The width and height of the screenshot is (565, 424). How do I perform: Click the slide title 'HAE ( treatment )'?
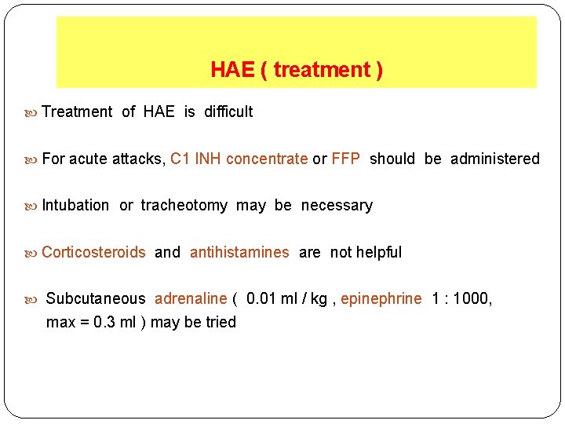tap(297, 70)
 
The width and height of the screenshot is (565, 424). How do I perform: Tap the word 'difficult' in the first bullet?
tap(228, 111)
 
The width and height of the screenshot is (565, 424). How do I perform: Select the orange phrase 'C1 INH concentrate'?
tap(239, 159)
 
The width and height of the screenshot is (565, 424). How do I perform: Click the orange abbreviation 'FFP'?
tap(345, 159)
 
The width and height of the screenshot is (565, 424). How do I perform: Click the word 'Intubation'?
tap(75, 205)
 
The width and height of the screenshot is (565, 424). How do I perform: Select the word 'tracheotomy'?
tap(184, 205)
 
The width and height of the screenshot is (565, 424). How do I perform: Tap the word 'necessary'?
tap(337, 205)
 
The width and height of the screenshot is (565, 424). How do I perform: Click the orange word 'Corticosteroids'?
tap(93, 252)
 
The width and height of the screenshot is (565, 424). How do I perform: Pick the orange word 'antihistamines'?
tap(239, 252)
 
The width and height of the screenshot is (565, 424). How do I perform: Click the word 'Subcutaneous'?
tap(96, 298)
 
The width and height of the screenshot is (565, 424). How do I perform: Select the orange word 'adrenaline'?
tap(191, 298)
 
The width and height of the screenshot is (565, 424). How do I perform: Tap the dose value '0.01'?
tap(261, 298)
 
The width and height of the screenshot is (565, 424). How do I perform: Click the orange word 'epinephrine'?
tap(381, 298)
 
